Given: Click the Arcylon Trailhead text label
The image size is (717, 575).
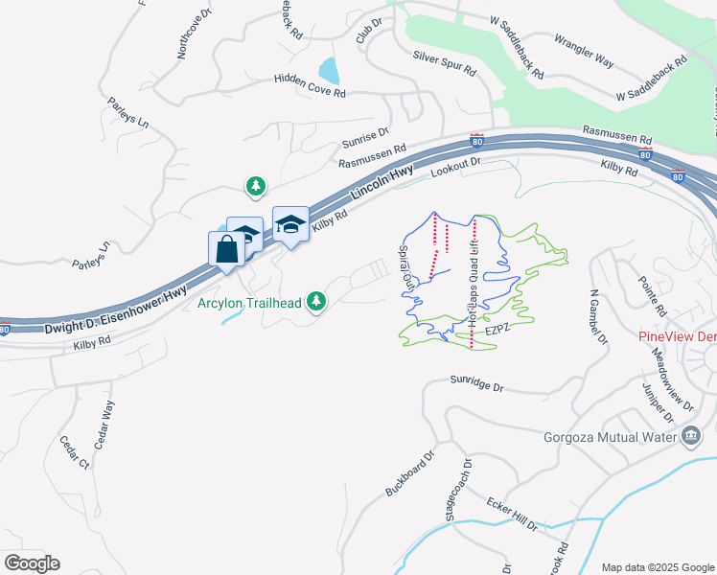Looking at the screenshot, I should (x=248, y=304).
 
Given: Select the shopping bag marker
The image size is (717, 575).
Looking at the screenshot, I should (x=225, y=251).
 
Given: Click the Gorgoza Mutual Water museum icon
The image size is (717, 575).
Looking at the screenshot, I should (x=691, y=438).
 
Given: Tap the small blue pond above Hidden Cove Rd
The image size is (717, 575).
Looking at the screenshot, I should (x=329, y=70).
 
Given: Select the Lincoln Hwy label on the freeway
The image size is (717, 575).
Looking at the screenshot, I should (x=382, y=182).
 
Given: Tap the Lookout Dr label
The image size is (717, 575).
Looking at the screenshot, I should (x=454, y=169).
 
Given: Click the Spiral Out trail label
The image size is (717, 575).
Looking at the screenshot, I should (x=406, y=266).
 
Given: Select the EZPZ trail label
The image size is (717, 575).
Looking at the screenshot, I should (x=496, y=329).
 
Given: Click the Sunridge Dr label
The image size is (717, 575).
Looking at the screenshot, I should (x=476, y=385).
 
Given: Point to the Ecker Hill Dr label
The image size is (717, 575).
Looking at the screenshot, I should (x=511, y=515).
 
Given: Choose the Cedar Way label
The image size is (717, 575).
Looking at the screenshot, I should (x=104, y=425).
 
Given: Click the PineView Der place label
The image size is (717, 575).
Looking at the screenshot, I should (x=677, y=337).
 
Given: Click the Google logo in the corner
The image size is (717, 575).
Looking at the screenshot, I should (x=32, y=563).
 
